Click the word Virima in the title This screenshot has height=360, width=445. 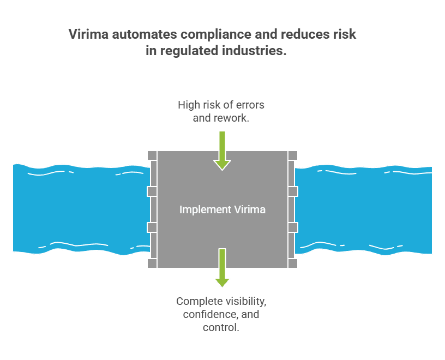click(x=89, y=34)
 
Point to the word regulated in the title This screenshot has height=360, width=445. click(x=185, y=51)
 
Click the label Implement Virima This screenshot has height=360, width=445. click(x=222, y=209)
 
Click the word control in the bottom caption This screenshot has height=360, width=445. click(x=220, y=327)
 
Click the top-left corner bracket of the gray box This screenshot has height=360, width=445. click(x=152, y=155)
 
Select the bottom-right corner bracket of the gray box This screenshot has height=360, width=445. click(x=293, y=263)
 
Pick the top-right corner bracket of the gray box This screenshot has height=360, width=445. click(x=293, y=155)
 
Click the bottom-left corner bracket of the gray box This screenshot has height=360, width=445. click(x=152, y=263)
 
